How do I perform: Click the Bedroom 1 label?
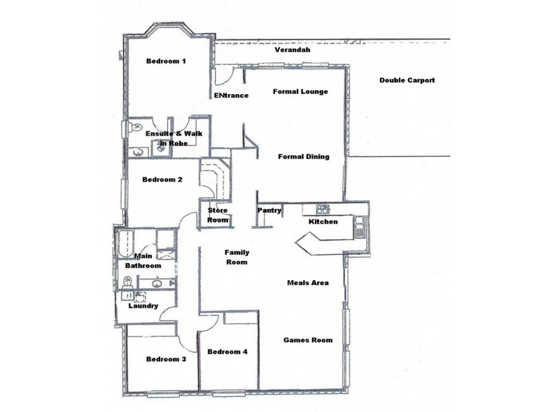point(166,61)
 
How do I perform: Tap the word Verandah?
point(292,50)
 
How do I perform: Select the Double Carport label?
point(407,80)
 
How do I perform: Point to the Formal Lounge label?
point(300,91)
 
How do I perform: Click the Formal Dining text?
point(303,157)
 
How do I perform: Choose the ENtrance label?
point(231,95)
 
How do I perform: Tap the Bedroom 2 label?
point(162,180)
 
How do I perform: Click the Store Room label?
point(218,215)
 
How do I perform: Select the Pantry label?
point(269,211)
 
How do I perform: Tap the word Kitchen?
point(323,222)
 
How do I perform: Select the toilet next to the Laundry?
point(127,282)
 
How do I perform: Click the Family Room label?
point(236,257)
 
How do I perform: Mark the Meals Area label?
point(307,282)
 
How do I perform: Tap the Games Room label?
point(308,340)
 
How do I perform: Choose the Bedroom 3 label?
point(166,359)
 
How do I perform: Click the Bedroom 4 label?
point(227,352)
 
